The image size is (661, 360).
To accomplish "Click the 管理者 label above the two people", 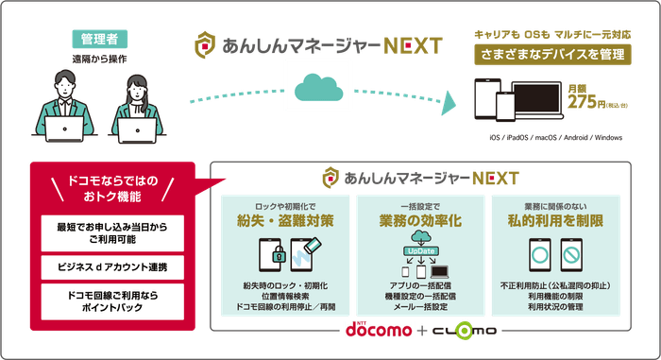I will click(99, 41).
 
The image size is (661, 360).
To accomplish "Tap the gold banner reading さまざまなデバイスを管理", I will click(552, 55).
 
